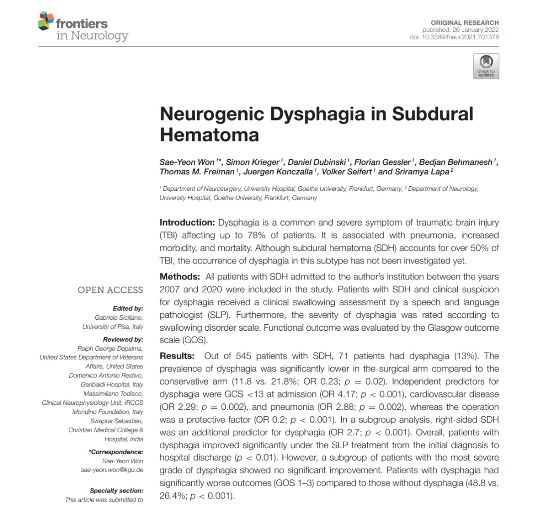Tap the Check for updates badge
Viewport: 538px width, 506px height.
coord(486,66)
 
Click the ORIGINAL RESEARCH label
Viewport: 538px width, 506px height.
coord(465,23)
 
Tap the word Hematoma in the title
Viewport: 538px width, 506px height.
coord(209,134)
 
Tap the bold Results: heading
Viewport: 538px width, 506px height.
coord(177,356)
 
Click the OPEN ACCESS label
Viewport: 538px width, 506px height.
coord(110,290)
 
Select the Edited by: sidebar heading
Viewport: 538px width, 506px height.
coord(128,308)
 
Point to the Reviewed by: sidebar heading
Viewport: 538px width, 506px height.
coord(124,339)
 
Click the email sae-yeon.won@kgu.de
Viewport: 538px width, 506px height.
coord(112,470)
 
